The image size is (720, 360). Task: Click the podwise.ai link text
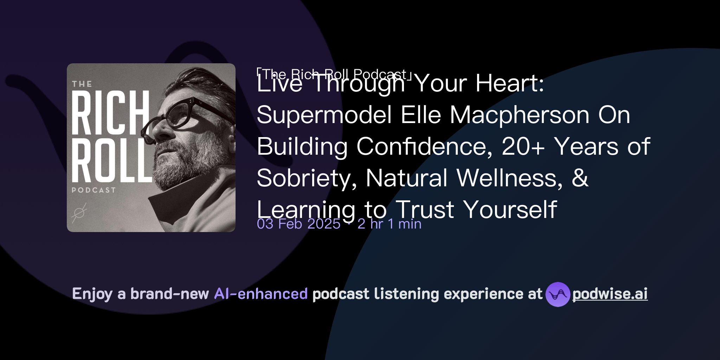coord(610,294)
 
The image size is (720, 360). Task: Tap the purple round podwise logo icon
coord(558,294)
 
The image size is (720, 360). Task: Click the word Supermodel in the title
coord(324,115)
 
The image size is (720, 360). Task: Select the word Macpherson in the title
coord(519,115)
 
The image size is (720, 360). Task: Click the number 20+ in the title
coord(523,147)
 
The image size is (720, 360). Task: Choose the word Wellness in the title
coord(509,178)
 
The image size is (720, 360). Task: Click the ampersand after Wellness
coord(580,178)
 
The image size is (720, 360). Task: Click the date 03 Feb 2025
coord(298,224)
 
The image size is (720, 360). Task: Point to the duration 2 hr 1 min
coord(389,224)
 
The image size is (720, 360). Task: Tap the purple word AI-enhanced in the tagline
coord(261,294)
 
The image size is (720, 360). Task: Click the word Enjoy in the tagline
coord(92,294)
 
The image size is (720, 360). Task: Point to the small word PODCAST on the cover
coord(94,190)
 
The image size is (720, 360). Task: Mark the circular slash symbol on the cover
coord(79,213)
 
